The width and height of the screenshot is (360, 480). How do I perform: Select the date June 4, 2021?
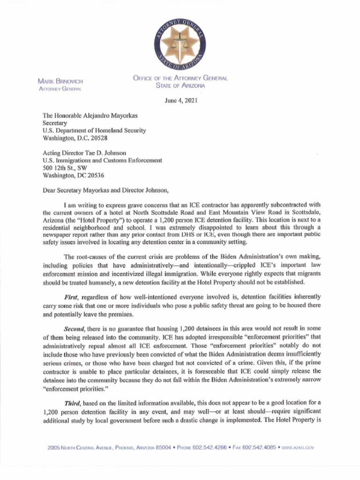tap(180, 100)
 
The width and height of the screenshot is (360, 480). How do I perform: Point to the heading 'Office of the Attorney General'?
tap(180, 78)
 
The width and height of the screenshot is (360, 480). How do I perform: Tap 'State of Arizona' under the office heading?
tap(180, 85)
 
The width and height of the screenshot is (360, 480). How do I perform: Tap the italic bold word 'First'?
tap(72, 297)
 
